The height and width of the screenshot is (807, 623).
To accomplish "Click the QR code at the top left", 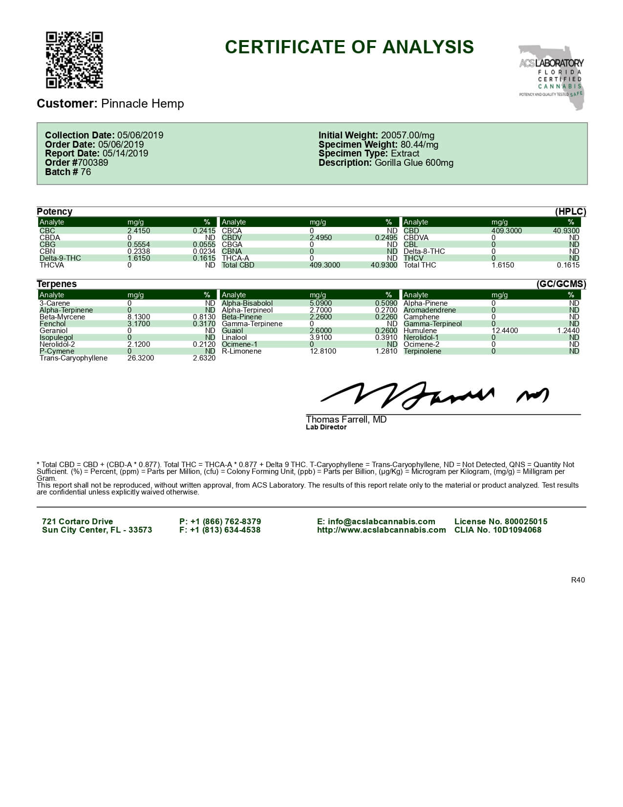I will [74, 60].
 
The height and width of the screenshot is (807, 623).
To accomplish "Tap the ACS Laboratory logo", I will [552, 76].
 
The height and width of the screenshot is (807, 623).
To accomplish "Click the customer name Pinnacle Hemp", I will [142, 104].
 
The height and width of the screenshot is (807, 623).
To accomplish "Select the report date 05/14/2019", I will [125, 154].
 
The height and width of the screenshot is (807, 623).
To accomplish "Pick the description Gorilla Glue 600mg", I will [414, 163].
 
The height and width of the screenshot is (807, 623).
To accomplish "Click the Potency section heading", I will [54, 212].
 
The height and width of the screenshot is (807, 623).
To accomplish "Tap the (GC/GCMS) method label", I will [561, 284].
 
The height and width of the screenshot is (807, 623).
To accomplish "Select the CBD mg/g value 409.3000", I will [507, 231].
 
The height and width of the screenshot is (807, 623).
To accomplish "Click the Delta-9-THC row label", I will [60, 258].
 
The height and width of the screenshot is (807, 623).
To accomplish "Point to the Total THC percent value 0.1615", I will [568, 265].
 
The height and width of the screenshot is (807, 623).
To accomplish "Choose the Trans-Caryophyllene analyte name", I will [73, 358].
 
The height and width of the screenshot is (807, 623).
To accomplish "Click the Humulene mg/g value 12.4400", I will [505, 331].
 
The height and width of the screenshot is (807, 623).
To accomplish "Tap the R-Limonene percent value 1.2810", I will [386, 351].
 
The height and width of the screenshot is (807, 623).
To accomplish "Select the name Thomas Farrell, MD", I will [346, 420].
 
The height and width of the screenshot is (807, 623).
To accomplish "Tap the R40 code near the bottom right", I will [578, 580].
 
